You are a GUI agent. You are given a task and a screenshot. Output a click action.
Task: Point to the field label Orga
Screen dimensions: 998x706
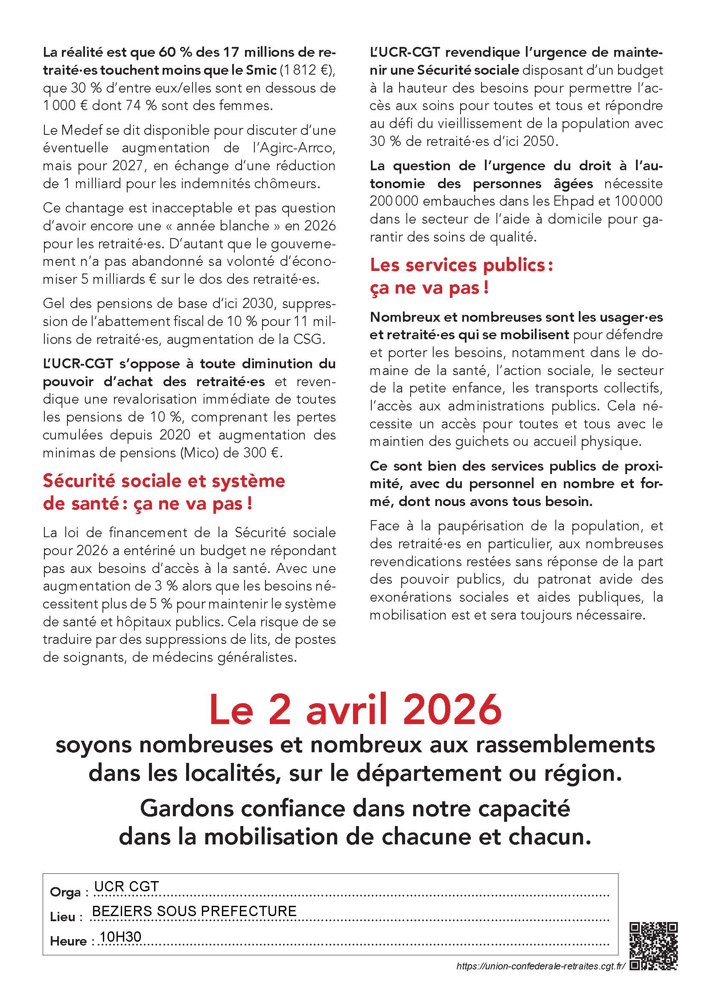[66, 892]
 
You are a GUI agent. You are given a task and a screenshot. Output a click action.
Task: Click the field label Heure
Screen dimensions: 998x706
[69, 941]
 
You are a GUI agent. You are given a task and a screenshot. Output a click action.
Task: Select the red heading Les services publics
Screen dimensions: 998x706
[461, 265]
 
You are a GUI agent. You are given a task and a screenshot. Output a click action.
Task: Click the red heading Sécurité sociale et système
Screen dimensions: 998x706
[164, 481]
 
